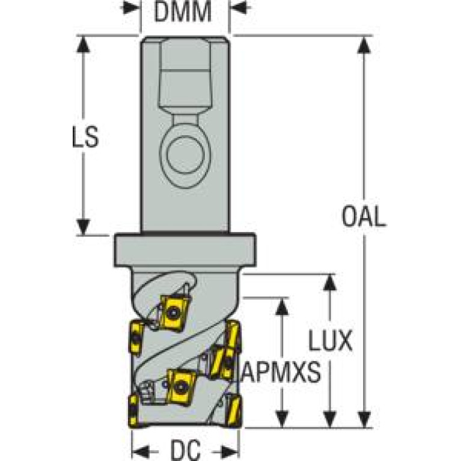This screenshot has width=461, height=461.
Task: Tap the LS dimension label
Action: point(82,138)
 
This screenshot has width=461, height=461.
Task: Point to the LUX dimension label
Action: point(329,342)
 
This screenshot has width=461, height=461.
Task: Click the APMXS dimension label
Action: point(280,374)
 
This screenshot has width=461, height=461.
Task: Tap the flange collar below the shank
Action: point(185,250)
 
